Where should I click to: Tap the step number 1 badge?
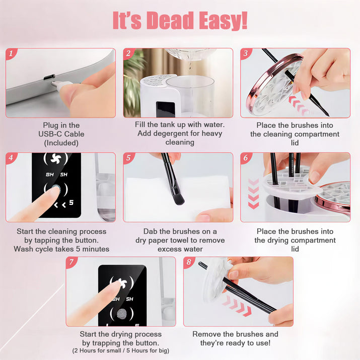pyautogui.click(x=11, y=54)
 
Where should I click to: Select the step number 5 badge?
pyautogui.click(x=128, y=158)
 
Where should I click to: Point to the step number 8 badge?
pyautogui.click(x=189, y=262)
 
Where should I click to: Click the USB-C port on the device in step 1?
pyautogui.click(x=49, y=77)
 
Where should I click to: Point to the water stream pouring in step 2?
pyautogui.click(x=190, y=63)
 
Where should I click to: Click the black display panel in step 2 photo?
pyautogui.click(x=166, y=109)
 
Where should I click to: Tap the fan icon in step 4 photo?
pyautogui.click(x=56, y=159)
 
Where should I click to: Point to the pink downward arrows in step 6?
pyautogui.click(x=253, y=194)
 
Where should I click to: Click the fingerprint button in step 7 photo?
pyautogui.click(x=122, y=314)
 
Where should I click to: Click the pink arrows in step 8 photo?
pyautogui.click(x=237, y=306)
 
